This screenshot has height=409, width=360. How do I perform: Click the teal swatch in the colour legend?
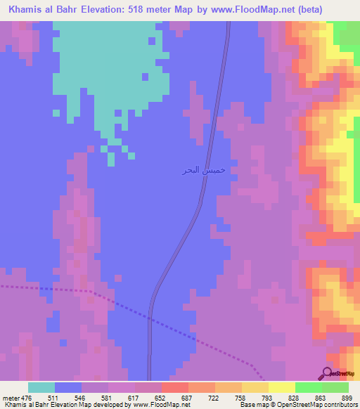pyautogui.click(x=41, y=387)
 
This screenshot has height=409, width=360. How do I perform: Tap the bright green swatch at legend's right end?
pyautogui.click(x=335, y=387)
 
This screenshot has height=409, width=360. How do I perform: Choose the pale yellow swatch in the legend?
pyautogui.click(x=281, y=387)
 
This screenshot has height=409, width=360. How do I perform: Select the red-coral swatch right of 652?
pyautogui.click(x=174, y=387)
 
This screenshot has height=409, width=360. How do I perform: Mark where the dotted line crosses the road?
pyautogui.click(x=150, y=318)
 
